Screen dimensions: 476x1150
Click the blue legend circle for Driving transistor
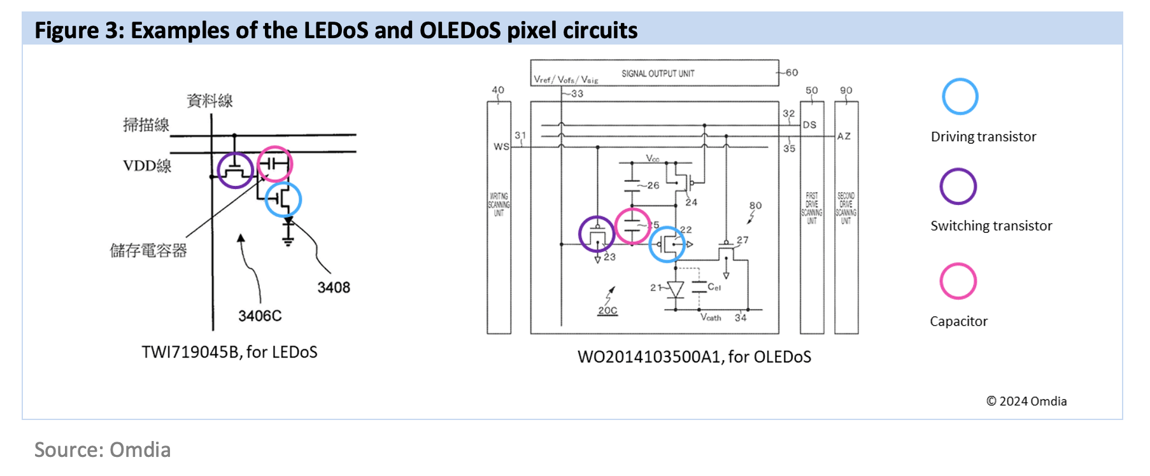tap(960, 97)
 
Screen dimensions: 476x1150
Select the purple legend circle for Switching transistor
tap(958, 186)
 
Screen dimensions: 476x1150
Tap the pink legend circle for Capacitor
tap(958, 281)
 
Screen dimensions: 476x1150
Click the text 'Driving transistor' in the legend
tap(983, 137)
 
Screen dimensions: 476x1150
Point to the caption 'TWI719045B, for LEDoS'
tap(229, 353)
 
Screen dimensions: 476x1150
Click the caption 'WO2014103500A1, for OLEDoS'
tap(694, 357)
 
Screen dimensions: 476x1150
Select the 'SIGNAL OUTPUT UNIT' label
tap(658, 74)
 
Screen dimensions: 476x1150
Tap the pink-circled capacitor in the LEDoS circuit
tap(274, 164)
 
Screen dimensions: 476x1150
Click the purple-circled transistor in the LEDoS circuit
tap(235, 170)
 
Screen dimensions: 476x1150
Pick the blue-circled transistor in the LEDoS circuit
tap(283, 199)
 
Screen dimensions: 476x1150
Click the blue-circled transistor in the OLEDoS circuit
tap(667, 244)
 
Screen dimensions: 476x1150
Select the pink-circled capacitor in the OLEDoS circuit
tap(632, 226)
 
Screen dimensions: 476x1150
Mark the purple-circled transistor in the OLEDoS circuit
tap(597, 234)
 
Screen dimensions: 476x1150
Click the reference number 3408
tap(334, 288)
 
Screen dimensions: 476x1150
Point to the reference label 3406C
tap(260, 316)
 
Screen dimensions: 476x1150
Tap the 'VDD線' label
tap(147, 166)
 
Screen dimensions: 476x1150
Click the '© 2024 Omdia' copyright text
tap(1026, 402)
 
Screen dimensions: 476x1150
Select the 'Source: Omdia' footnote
tap(103, 450)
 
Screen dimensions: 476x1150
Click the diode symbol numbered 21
tap(675, 290)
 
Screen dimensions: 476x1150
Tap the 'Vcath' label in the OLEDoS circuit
tap(711, 318)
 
